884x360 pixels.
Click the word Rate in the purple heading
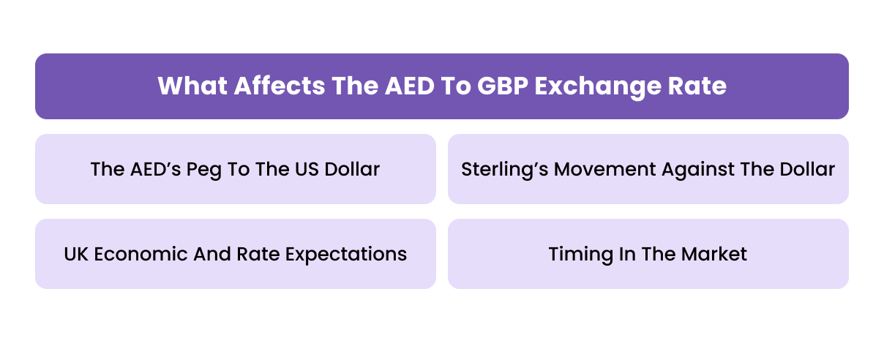pos(700,86)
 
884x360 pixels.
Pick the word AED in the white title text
pos(403,86)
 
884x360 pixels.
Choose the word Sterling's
pos(504,170)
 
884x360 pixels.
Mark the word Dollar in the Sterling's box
pos(806,170)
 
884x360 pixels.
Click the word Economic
pos(139,254)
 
